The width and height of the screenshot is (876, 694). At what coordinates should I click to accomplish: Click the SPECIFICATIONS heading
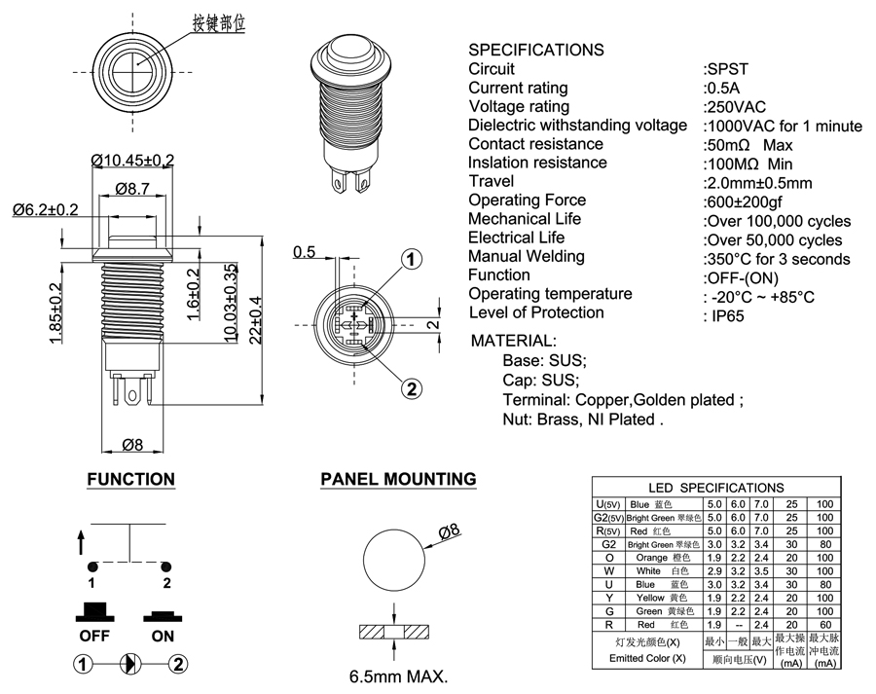[535, 50]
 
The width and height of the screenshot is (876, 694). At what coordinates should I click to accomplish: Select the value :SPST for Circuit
[725, 69]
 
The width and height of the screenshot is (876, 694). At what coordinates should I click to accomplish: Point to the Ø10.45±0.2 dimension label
[132, 160]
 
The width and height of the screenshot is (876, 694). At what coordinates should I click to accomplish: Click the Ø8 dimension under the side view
[132, 445]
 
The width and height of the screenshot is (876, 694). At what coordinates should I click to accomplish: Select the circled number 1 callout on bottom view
[412, 259]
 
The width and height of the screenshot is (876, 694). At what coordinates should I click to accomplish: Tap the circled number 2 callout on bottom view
[412, 388]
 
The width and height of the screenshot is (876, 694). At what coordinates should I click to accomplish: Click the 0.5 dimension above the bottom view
[304, 253]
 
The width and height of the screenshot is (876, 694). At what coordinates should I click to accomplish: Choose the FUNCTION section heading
[130, 479]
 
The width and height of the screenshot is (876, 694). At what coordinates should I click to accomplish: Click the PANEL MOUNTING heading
[398, 479]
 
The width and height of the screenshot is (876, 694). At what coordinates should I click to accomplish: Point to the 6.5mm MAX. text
[399, 676]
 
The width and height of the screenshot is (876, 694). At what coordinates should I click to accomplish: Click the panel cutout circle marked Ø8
[395, 560]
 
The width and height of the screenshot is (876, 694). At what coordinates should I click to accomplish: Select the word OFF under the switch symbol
[93, 637]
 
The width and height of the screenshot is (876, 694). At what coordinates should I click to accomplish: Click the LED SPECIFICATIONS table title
[715, 488]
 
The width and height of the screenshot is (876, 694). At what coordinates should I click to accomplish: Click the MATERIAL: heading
[513, 341]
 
